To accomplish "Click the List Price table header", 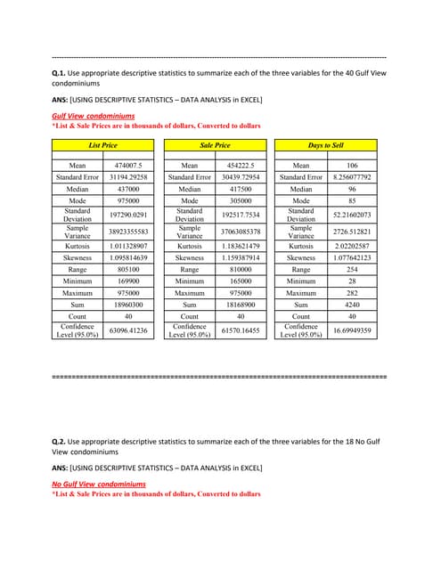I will pos(102,144).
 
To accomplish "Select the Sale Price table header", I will pos(215,144).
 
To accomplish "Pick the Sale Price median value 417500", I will pos(242,190).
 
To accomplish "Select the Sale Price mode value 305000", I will pos(242,202).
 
